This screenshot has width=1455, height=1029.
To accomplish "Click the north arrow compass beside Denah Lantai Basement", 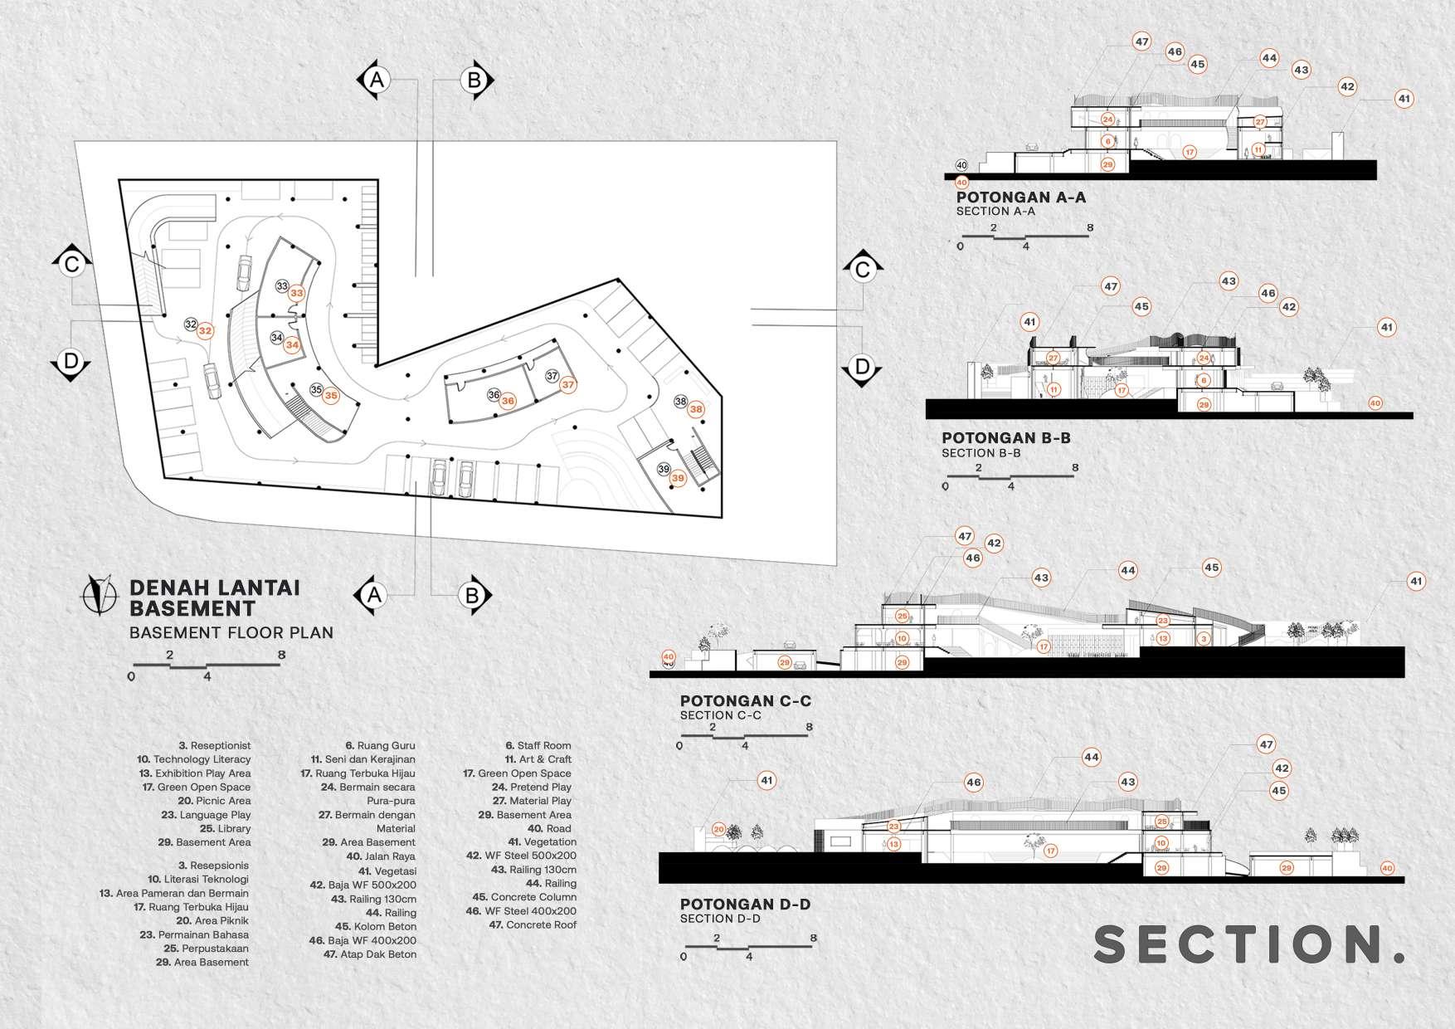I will click(x=99, y=595).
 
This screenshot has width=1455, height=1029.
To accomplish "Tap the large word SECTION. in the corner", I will click(x=1249, y=944).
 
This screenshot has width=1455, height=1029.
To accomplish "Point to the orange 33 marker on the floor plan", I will click(x=297, y=293).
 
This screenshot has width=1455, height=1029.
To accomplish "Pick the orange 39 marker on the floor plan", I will click(x=679, y=478).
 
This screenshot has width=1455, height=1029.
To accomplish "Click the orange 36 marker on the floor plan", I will click(x=508, y=401).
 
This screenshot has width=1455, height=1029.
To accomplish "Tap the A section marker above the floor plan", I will click(x=377, y=80).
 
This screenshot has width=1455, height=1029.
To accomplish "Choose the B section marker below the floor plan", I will click(x=472, y=595).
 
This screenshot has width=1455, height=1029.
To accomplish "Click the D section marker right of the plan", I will click(x=862, y=367).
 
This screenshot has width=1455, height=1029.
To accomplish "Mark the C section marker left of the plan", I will click(x=71, y=265).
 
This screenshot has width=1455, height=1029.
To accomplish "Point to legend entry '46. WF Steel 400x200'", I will click(x=519, y=910).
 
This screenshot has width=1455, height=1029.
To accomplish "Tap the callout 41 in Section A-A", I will click(x=1404, y=99).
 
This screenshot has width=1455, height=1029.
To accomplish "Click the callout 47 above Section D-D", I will click(x=1266, y=744).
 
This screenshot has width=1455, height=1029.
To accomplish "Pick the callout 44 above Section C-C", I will click(x=1127, y=570).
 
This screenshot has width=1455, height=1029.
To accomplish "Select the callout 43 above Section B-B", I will click(x=1229, y=281).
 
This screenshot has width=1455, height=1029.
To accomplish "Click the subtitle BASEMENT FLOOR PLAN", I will click(x=231, y=632).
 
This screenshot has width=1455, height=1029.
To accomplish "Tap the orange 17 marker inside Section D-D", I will click(x=1050, y=851).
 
